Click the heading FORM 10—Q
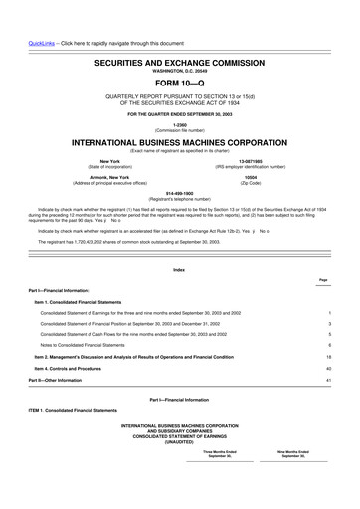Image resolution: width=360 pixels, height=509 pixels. coord(180,82)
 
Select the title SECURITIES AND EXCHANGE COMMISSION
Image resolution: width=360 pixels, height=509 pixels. coord(180,63)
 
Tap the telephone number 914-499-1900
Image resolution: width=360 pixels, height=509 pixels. coord(180,194)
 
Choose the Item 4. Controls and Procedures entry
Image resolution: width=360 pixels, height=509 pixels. coord(83,368)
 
